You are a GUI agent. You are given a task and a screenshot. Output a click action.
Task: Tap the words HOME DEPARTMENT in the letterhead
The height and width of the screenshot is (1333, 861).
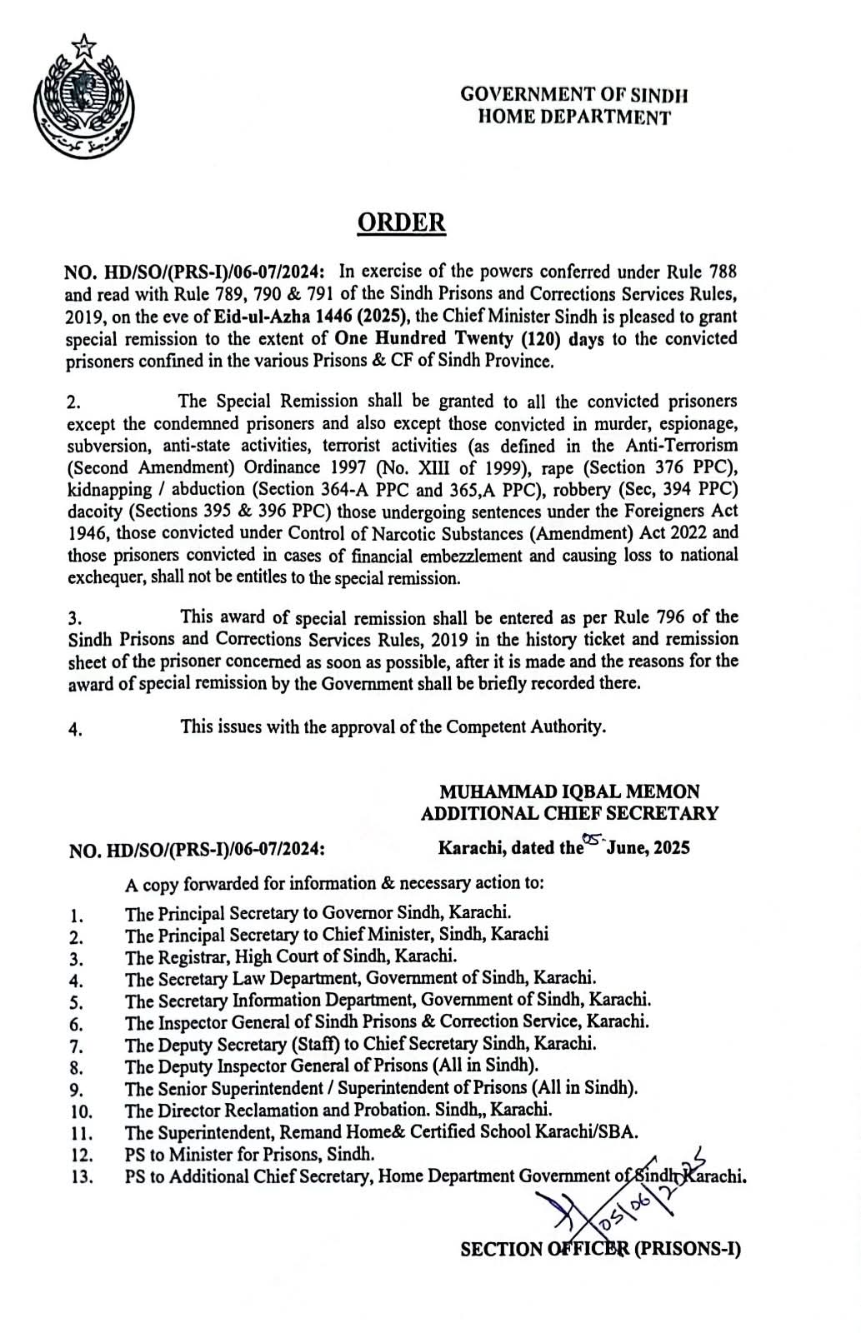pyautogui.click(x=573, y=118)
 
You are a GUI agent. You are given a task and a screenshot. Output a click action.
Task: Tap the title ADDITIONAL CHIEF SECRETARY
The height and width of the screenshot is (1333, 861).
pyautogui.click(x=570, y=813)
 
